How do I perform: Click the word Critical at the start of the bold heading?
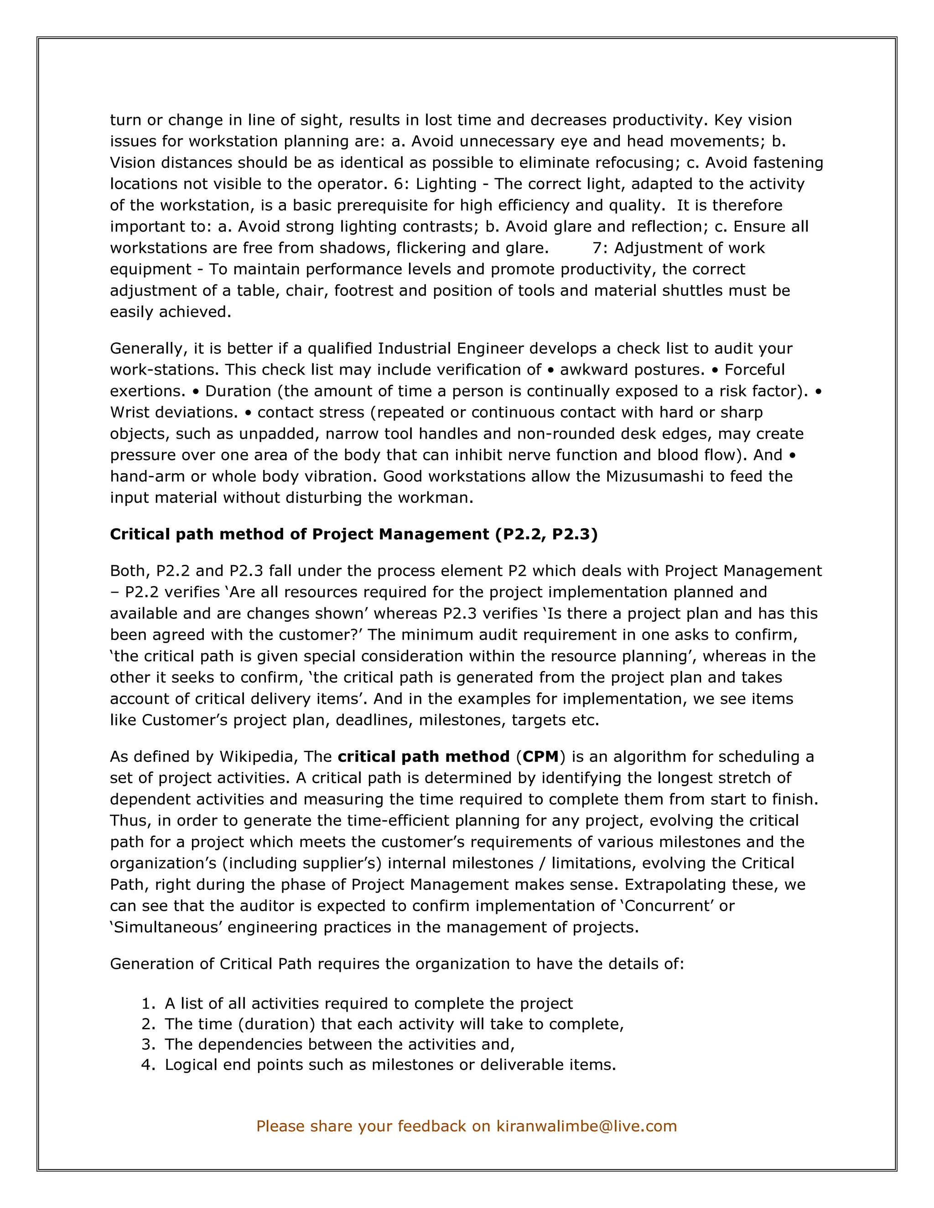(x=140, y=534)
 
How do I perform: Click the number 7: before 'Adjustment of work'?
(x=600, y=248)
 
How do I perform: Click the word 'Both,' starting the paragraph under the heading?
(x=130, y=571)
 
